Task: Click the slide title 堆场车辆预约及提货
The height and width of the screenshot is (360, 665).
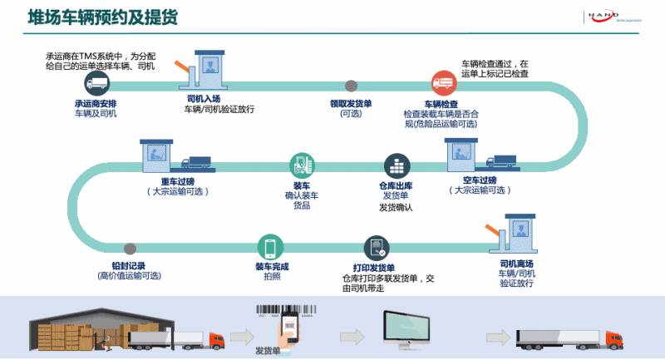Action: click(x=103, y=17)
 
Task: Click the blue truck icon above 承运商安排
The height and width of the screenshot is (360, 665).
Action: click(x=96, y=82)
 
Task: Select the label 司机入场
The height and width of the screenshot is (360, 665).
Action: click(x=204, y=98)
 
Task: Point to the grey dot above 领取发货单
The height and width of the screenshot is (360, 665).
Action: click(x=352, y=85)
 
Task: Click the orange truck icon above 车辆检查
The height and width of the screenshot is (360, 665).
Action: click(x=442, y=82)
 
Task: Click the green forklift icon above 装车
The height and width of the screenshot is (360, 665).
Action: click(x=301, y=165)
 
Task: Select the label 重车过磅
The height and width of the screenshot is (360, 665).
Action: click(x=177, y=180)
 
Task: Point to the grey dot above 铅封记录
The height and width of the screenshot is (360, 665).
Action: click(x=129, y=249)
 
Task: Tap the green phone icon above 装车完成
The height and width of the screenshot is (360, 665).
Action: click(x=271, y=247)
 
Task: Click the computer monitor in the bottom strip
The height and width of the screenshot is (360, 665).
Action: click(x=408, y=327)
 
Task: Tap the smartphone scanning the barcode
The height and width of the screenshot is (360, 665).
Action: click(x=290, y=325)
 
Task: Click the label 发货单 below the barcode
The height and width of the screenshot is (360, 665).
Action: click(x=268, y=350)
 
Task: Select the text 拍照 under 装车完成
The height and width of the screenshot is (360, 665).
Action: click(x=271, y=277)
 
